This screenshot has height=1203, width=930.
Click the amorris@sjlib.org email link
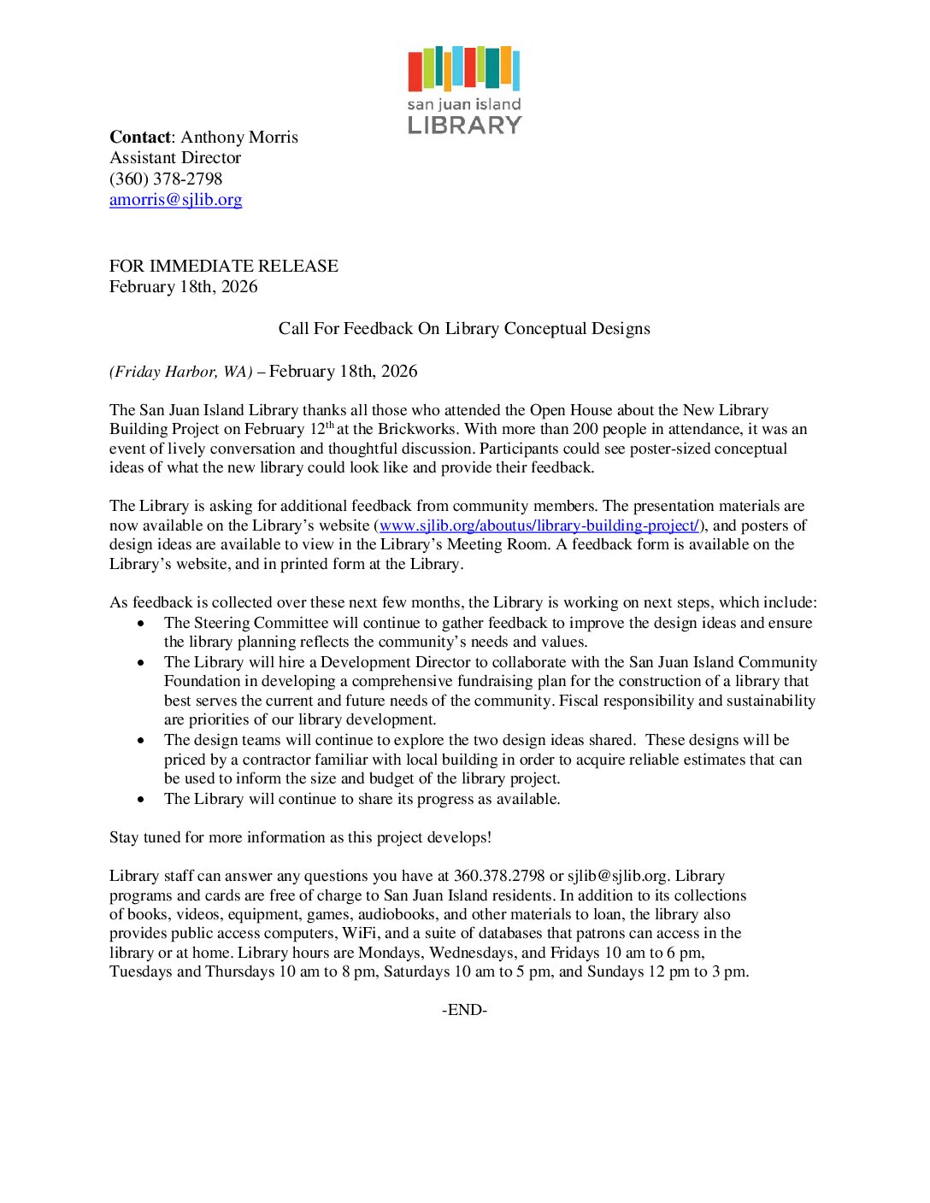[x=175, y=200]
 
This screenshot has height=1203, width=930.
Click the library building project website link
[x=539, y=525]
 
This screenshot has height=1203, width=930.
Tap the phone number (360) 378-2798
[x=166, y=179]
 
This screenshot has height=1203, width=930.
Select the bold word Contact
[x=140, y=138]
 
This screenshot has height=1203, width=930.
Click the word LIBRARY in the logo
[x=464, y=126]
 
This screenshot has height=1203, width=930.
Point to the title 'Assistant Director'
[x=175, y=158]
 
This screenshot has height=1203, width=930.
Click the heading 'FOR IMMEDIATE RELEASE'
[x=224, y=267]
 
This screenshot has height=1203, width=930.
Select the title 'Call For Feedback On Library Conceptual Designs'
[x=464, y=329]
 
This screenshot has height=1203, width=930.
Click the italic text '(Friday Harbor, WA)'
[x=180, y=372]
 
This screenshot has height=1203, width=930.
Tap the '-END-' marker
[x=464, y=1010]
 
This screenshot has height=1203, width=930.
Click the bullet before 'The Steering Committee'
[x=141, y=624]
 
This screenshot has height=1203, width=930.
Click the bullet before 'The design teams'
[x=141, y=741]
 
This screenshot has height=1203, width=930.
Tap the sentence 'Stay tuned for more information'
[x=300, y=837]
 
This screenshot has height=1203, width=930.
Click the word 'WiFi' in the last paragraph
[x=359, y=933]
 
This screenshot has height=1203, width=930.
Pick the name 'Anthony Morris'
[x=239, y=138]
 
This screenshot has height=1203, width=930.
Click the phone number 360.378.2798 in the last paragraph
[x=499, y=876]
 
